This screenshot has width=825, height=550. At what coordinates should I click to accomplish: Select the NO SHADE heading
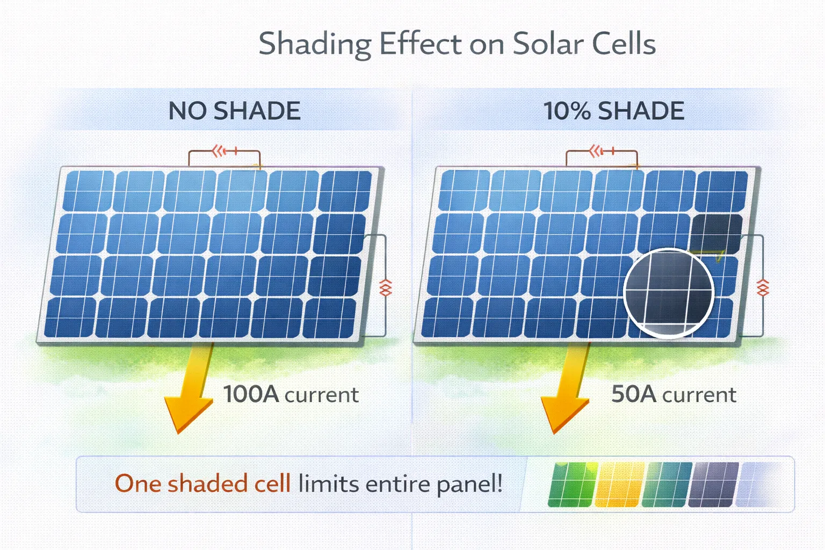click(234, 111)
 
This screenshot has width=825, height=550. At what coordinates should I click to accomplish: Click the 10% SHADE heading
click(614, 111)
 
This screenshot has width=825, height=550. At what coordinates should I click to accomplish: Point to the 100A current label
click(291, 395)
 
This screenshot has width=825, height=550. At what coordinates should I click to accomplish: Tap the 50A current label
click(674, 395)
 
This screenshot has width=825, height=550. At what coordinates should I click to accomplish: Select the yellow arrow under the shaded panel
click(567, 392)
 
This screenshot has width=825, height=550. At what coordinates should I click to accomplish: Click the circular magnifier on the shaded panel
click(669, 293)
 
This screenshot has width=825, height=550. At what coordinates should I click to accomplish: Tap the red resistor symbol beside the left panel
click(386, 288)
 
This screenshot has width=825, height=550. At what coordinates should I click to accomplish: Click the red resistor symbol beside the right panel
click(763, 288)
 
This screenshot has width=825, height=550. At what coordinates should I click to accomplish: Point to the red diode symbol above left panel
click(222, 151)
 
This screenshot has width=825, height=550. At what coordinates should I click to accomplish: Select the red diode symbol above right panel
click(598, 151)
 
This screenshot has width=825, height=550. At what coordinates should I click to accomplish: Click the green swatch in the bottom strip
click(572, 484)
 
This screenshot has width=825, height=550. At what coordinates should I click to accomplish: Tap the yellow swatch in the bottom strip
click(619, 484)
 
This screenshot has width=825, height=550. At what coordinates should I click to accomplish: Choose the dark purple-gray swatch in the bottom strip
click(713, 484)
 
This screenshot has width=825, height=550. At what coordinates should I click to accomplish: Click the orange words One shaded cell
click(202, 483)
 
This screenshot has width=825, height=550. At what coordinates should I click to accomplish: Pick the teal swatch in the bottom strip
click(666, 484)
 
